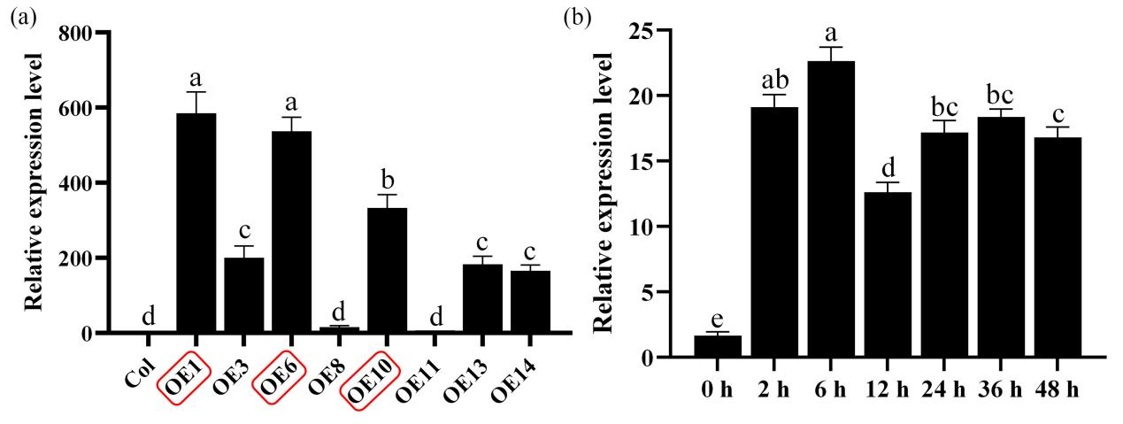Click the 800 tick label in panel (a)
coord(76,34)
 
